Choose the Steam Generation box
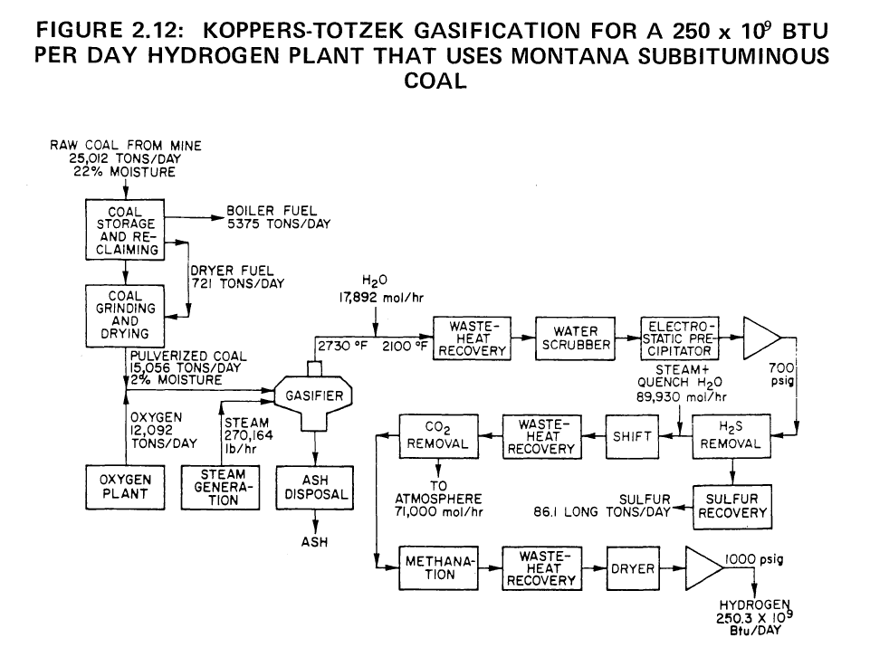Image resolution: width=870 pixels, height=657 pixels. (218, 487)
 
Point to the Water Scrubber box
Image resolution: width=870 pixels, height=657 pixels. (572, 338)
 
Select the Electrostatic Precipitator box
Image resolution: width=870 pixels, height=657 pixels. (678, 338)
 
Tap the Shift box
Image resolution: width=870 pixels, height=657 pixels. (634, 435)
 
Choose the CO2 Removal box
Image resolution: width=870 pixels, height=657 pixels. (437, 435)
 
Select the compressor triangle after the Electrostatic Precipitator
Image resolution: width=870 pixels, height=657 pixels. (760, 338)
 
